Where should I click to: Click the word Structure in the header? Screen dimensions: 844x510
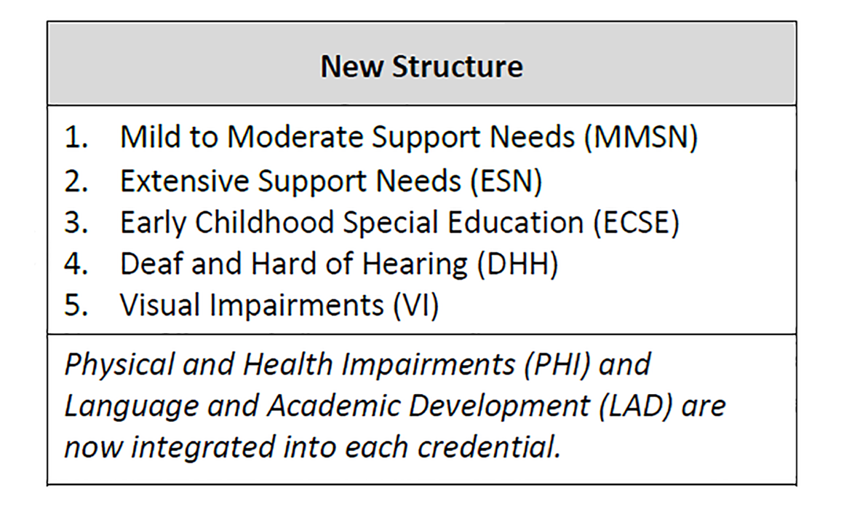(x=458, y=67)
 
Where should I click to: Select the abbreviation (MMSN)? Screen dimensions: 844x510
(x=640, y=138)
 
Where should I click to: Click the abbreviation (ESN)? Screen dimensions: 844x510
(x=506, y=181)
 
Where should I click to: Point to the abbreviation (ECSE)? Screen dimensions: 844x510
(x=636, y=222)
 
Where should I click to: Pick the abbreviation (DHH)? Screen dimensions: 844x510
(x=518, y=264)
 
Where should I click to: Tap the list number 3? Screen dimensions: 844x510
(x=76, y=222)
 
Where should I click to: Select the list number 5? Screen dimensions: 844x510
(x=76, y=305)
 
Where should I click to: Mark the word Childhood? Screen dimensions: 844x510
(x=264, y=221)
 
